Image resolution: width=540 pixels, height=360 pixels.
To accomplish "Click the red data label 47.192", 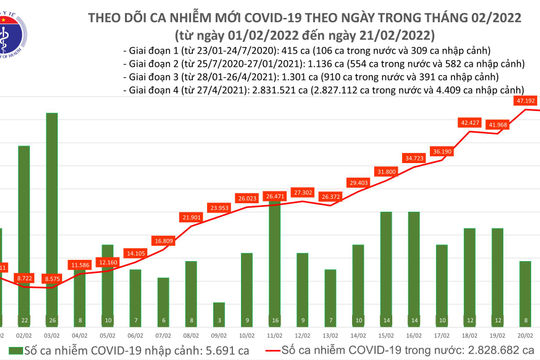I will click(x=524, y=101).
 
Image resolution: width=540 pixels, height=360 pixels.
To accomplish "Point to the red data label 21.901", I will click(x=191, y=217).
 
